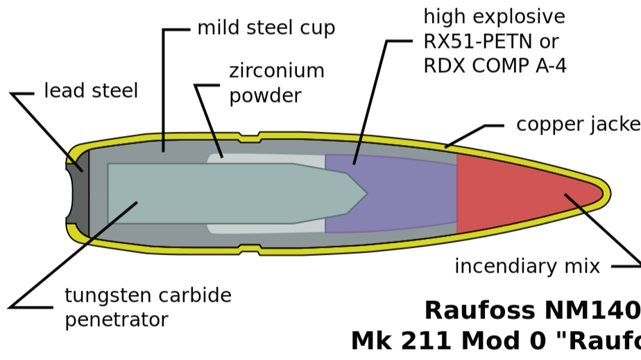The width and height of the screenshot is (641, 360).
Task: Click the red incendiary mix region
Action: pos(513,193)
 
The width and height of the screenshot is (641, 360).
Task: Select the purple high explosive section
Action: pos(395,194)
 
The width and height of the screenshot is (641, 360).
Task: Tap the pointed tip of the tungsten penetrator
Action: pos(365,194)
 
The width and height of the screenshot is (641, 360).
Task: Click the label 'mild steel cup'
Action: pos(266,28)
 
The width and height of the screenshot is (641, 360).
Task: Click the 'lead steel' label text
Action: pos(91,91)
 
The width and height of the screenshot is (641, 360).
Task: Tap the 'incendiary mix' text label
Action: pos(527,267)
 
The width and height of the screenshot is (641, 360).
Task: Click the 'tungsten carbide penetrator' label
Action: pos(148,307)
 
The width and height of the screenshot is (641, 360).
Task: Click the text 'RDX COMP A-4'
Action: pos(494,66)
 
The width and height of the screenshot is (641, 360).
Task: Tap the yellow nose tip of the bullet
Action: pos(606,193)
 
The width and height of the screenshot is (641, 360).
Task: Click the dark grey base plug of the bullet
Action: pos(78,194)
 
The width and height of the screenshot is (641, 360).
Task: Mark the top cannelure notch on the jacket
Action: pos(249,137)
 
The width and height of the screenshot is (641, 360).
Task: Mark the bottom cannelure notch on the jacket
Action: pos(249,248)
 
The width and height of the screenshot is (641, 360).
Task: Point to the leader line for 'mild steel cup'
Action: pos(164,90)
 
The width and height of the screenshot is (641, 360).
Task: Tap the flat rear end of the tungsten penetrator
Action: pos(109,194)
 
